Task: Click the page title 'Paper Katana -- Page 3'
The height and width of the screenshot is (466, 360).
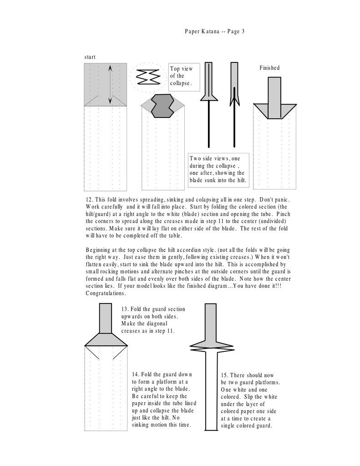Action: [x=215, y=31]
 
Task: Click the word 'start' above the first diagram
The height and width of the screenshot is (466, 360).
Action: [x=90, y=57]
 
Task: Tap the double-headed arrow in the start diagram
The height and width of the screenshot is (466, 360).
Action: [x=110, y=85]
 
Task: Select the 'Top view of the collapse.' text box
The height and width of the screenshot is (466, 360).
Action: [x=182, y=76]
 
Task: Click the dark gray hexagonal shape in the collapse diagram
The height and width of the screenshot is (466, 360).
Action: [x=162, y=106]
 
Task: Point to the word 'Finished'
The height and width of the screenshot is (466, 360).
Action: [x=269, y=68]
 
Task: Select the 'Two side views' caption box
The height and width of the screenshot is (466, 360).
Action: [x=218, y=169]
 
